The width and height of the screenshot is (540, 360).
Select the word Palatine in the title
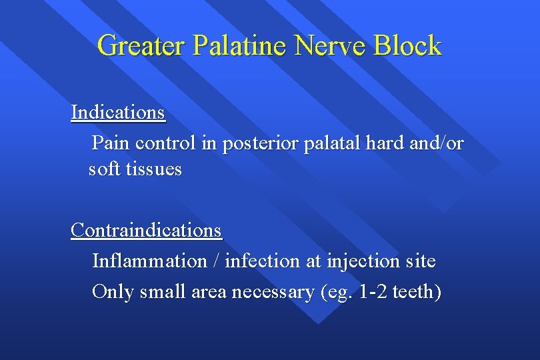click(x=242, y=46)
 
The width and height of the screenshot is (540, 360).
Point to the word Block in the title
click(x=407, y=46)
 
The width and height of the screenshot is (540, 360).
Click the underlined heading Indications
click(x=118, y=113)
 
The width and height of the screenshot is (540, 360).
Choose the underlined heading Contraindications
click(x=146, y=230)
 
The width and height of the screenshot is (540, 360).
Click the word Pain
click(x=111, y=143)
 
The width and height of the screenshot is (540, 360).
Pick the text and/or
click(x=436, y=143)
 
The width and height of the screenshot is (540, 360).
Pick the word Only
click(x=113, y=292)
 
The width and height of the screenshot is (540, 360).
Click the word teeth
click(x=413, y=292)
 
